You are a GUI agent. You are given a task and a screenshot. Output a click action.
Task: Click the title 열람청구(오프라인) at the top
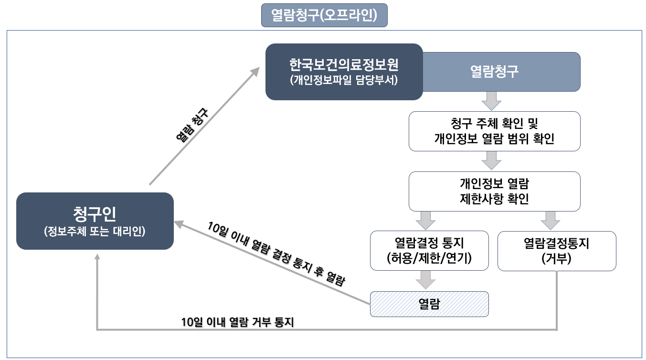click(324, 15)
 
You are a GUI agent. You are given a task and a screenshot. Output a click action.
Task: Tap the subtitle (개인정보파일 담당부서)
click(344, 80)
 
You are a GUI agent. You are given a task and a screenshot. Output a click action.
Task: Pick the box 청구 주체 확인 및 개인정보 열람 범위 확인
click(494, 131)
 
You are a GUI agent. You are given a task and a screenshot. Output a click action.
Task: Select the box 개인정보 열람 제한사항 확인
click(494, 191)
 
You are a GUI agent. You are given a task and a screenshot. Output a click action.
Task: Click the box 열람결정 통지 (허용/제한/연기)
click(429, 251)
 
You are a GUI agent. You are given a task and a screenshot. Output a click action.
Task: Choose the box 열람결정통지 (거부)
click(557, 251)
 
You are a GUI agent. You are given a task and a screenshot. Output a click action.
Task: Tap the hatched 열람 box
click(429, 304)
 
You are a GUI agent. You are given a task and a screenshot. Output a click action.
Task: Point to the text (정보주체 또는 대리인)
click(95, 232)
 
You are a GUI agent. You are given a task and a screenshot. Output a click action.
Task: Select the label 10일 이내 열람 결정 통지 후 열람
click(275, 254)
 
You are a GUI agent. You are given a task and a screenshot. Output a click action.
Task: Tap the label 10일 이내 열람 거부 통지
click(237, 322)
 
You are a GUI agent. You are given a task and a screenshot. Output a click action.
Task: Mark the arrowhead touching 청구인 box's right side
click(178, 223)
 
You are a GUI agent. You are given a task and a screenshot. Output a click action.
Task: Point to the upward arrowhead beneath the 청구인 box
click(97, 256)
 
